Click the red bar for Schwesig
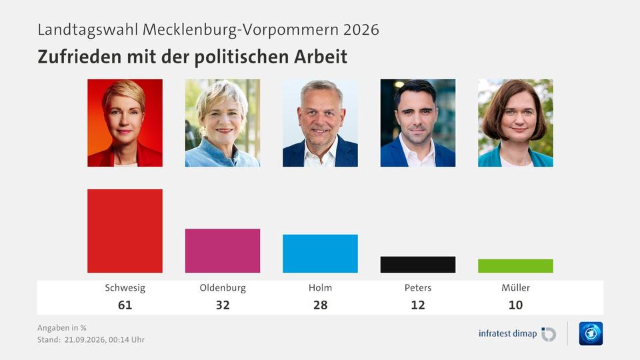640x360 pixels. (x=125, y=231)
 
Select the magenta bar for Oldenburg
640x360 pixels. (x=223, y=251)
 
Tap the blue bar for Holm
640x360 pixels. (x=320, y=253)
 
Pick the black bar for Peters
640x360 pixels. (x=418, y=265)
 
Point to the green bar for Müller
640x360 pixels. (x=515, y=266)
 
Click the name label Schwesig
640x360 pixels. (x=125, y=288)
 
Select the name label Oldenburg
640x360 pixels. (x=223, y=288)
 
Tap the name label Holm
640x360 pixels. (x=320, y=288)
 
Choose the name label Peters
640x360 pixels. (x=418, y=288)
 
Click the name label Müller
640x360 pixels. (x=515, y=288)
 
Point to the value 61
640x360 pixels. (x=125, y=305)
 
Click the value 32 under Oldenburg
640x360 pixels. (x=223, y=305)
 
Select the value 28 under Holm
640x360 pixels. (x=320, y=305)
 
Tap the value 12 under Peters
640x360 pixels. (x=418, y=305)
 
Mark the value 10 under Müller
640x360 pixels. (x=515, y=305)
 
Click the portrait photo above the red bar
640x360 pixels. (x=125, y=123)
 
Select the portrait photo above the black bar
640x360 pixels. (x=418, y=123)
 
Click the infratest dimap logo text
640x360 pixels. (x=507, y=333)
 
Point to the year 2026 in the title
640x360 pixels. (x=361, y=30)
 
